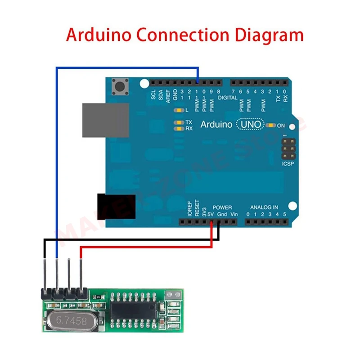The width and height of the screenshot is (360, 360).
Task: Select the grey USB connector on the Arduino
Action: point(105,120)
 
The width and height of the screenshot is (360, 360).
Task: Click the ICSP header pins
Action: point(288,148)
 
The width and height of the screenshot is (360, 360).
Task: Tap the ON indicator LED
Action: point(271,125)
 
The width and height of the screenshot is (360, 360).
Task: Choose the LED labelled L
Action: point(180,110)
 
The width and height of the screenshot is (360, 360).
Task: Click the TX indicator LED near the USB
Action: point(180,122)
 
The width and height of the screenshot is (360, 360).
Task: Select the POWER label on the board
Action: point(222,207)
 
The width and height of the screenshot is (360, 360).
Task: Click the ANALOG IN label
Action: point(264,207)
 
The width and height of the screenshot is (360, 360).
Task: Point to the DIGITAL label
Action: point(227,98)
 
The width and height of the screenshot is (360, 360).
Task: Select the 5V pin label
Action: point(211,214)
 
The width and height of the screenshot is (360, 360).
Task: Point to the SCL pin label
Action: point(153,95)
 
